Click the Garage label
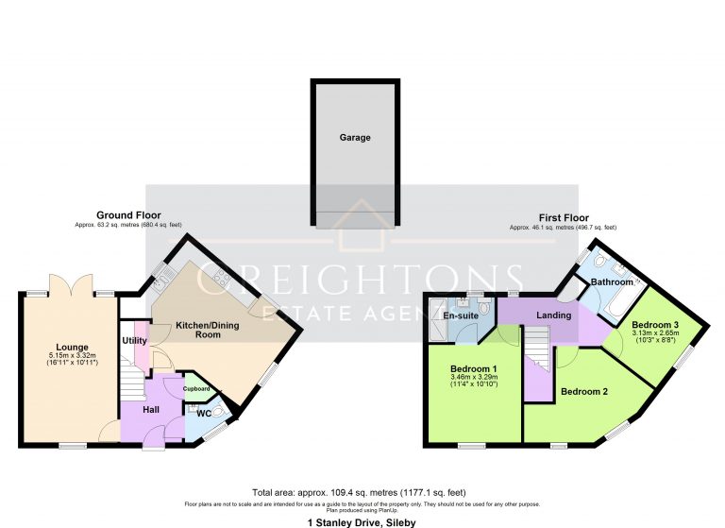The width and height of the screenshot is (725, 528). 355,138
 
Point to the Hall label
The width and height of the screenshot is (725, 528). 150,409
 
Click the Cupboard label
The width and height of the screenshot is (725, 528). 195,388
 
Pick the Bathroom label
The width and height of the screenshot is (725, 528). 612,281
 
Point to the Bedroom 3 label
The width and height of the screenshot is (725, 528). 654,325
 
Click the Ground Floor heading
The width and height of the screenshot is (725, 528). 128,216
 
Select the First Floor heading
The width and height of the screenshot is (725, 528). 564,218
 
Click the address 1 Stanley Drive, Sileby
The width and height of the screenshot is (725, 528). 361,521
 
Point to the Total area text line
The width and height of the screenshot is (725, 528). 362,493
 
